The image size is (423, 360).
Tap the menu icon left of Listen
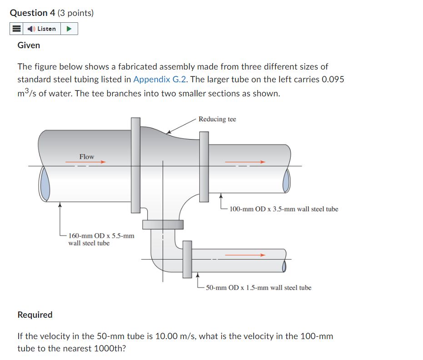click(16, 29)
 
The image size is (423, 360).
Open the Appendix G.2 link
click(160, 80)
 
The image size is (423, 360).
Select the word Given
click(29, 45)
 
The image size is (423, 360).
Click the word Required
click(35, 315)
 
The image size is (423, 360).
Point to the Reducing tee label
click(217, 119)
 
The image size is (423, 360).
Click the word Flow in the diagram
click(86, 156)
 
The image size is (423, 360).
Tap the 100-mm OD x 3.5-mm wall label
click(284, 209)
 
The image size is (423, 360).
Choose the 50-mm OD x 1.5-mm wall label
click(259, 287)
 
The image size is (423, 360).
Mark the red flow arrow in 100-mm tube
click(245, 162)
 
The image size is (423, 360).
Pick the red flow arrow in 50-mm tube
click(245, 255)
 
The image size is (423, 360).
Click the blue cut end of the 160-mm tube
click(45, 184)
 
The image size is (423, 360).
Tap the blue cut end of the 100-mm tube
click(286, 181)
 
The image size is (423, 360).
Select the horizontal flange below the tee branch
click(163, 225)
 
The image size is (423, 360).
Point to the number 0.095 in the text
click(333, 80)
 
